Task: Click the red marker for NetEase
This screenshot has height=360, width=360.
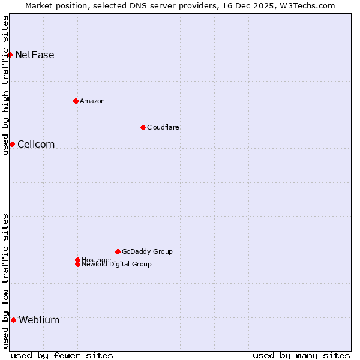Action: tap(10, 55)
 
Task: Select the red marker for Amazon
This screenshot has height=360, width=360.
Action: tap(76, 101)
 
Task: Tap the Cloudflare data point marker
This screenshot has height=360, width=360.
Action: tap(143, 127)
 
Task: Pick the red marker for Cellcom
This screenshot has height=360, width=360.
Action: tap(12, 144)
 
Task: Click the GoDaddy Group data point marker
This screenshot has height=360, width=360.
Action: tap(118, 251)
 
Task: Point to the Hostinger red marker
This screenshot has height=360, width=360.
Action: tap(77, 260)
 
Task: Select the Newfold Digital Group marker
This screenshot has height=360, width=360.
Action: tap(77, 264)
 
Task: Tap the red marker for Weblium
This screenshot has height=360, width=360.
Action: tap(13, 320)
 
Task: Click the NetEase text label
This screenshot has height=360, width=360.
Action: tap(35, 55)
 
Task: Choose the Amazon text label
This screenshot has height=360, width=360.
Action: tap(92, 101)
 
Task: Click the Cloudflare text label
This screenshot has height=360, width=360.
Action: tap(163, 127)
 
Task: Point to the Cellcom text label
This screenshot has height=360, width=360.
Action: tap(36, 144)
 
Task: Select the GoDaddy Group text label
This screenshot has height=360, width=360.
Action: tap(147, 251)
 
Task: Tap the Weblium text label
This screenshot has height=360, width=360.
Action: tap(39, 320)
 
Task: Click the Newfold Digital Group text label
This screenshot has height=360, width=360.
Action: tap(117, 265)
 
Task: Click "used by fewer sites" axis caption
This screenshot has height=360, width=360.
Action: tap(62, 355)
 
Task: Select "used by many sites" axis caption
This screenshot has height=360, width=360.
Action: tap(301, 355)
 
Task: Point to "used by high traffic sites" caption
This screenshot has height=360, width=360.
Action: tap(5, 85)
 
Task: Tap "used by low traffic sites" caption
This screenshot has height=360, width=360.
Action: tap(5, 281)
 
